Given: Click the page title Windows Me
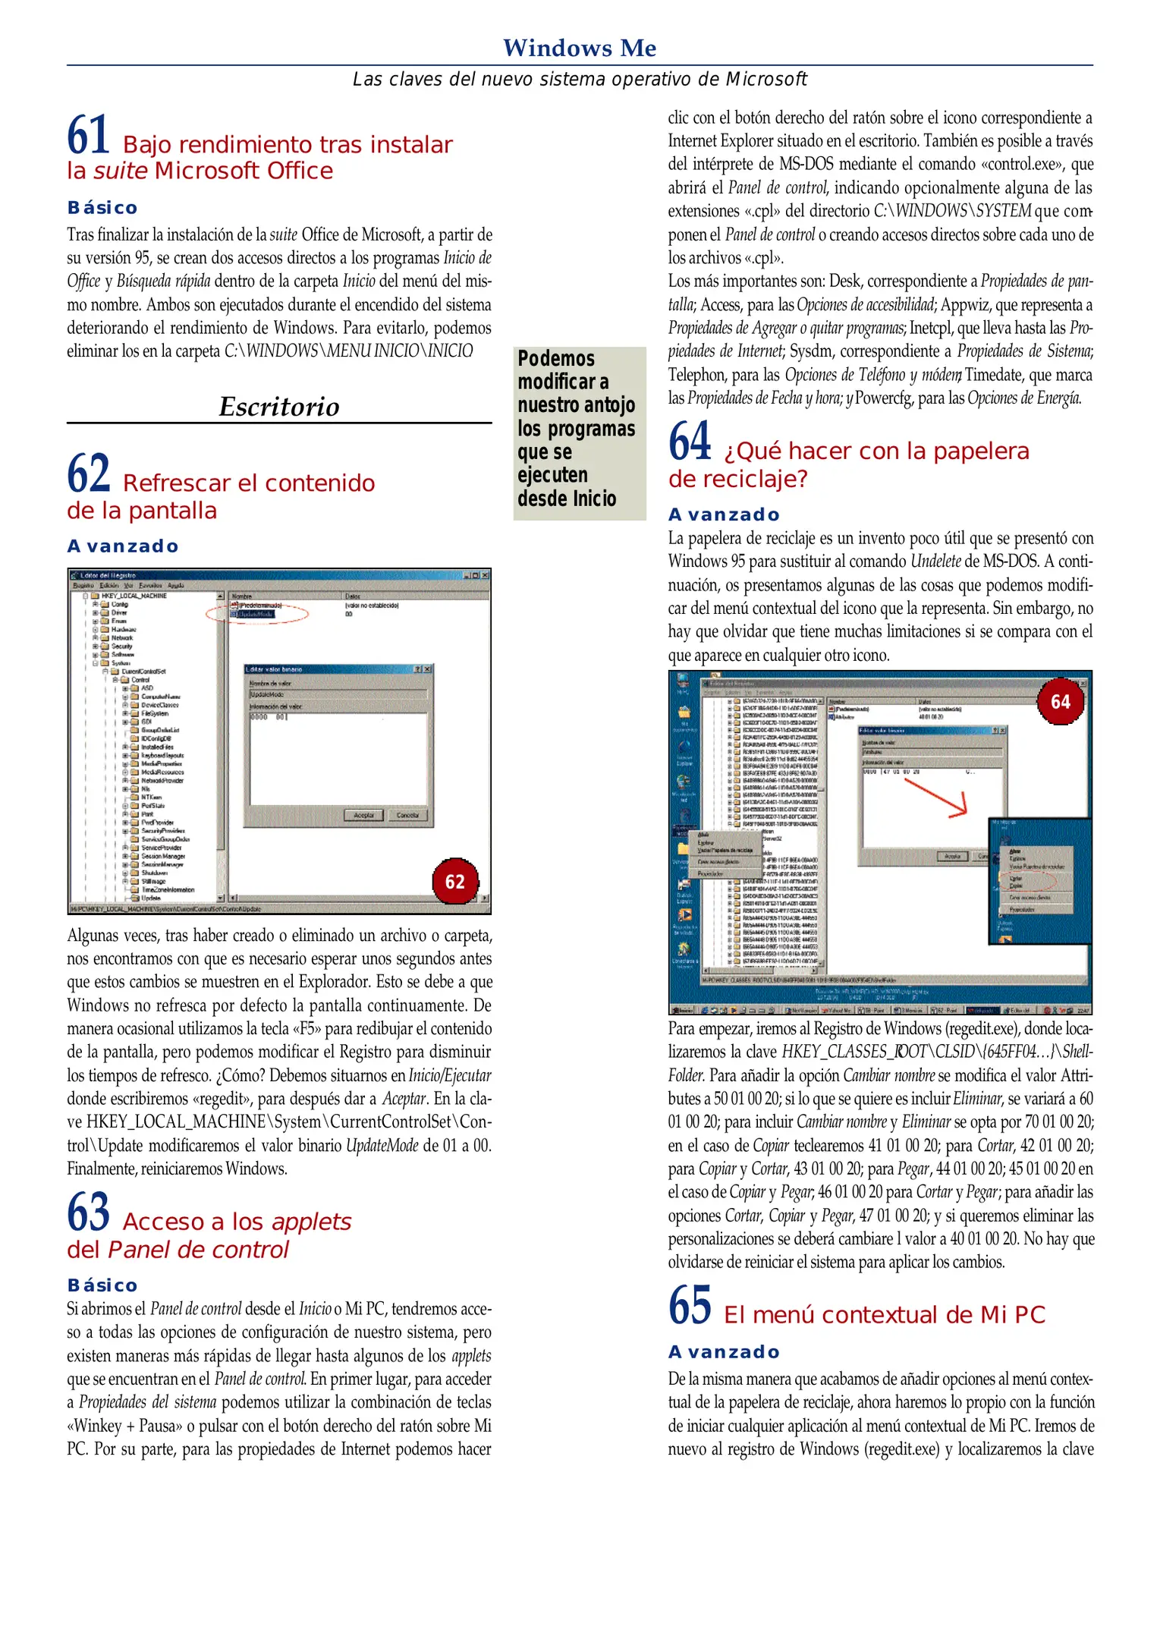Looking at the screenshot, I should (580, 48).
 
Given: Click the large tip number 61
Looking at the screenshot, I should (89, 135).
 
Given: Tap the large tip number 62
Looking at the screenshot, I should (89, 473).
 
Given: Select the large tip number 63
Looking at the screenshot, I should (89, 1212).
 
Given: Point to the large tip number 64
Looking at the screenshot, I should (690, 441).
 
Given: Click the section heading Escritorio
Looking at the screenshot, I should (279, 407).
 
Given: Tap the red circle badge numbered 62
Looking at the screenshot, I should (454, 882).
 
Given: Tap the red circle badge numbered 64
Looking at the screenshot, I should (1060, 702).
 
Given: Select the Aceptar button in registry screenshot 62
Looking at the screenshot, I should (364, 815).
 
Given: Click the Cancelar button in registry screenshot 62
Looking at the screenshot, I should (407, 815).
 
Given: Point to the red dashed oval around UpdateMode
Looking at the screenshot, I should (257, 613).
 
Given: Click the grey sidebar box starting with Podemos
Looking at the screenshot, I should (579, 433).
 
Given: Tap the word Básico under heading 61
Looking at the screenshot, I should (102, 208).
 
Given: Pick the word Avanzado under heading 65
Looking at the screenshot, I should (724, 1352).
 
